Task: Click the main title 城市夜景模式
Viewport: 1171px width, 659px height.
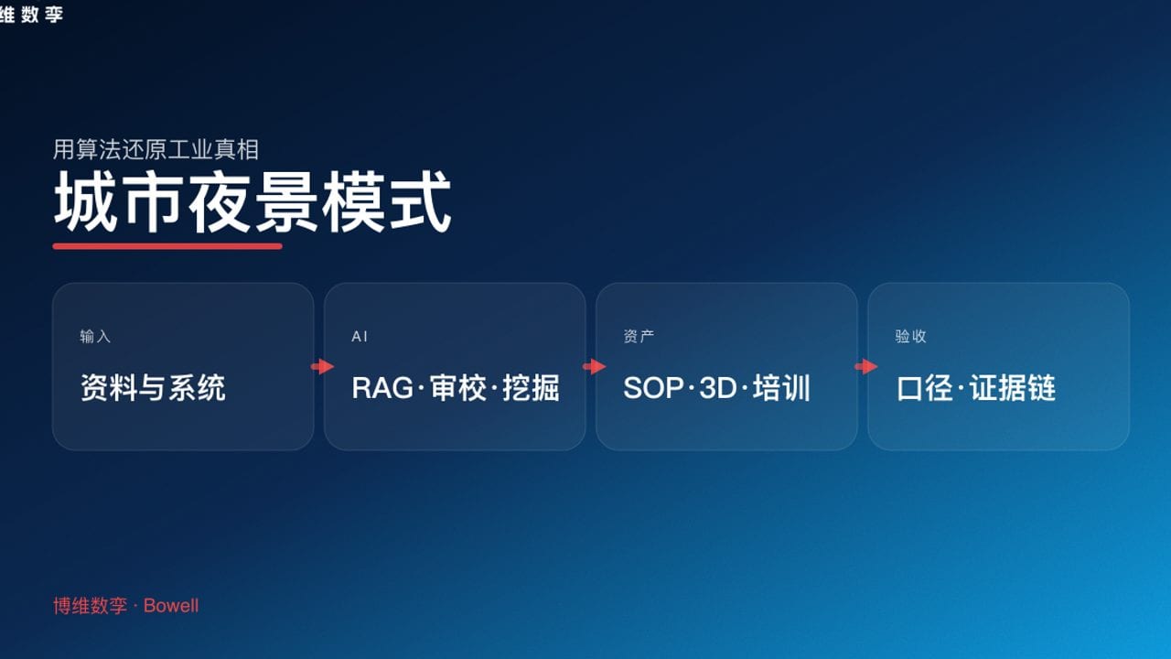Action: (x=252, y=203)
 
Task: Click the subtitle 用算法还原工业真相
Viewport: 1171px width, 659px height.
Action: (x=156, y=149)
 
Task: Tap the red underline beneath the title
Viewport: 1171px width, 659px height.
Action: (x=167, y=245)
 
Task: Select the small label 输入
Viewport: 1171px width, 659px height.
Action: (x=95, y=337)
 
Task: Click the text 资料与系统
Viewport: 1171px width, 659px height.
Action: (x=153, y=388)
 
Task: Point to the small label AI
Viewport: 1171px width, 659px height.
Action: (x=360, y=337)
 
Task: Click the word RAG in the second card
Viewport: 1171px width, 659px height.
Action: (x=382, y=388)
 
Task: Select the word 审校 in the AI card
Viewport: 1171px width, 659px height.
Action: (x=457, y=388)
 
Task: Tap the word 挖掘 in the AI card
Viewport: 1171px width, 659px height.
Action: (x=531, y=388)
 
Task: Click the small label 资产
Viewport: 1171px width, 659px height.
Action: (x=639, y=337)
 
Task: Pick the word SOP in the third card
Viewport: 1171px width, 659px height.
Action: (x=653, y=388)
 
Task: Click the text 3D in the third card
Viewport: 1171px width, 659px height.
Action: (x=717, y=388)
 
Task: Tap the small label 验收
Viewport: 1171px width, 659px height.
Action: (x=910, y=337)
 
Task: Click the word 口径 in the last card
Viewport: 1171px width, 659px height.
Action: (x=925, y=388)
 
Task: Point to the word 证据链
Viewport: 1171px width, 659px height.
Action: (x=1013, y=388)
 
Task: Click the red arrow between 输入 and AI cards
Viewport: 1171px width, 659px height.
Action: (x=322, y=367)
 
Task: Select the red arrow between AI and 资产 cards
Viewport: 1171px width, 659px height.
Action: (x=594, y=367)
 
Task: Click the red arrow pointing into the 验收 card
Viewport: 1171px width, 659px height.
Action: (x=865, y=367)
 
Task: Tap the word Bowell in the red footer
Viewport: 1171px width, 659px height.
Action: (x=171, y=606)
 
